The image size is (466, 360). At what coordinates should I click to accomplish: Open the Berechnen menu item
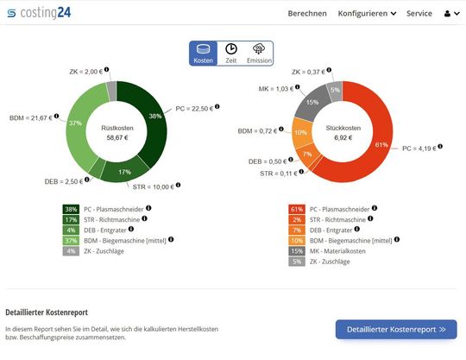(306, 14)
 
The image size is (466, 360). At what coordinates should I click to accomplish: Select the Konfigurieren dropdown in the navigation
(367, 14)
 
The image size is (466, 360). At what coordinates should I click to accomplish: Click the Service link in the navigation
(419, 14)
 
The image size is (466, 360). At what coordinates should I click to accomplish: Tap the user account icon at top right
(450, 14)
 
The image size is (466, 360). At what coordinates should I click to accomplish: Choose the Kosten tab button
(204, 54)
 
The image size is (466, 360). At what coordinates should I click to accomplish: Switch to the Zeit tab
(232, 54)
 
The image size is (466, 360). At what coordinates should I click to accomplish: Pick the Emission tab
(259, 54)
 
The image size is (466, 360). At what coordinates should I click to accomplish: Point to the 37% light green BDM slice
(77, 124)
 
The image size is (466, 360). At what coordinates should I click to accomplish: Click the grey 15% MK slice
(312, 101)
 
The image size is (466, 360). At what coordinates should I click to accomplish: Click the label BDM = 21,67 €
(31, 117)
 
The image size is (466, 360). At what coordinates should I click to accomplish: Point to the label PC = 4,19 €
(419, 148)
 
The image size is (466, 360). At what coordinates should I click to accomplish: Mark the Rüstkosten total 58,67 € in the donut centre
(116, 137)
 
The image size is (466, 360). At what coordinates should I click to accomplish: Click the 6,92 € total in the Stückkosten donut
(343, 137)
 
